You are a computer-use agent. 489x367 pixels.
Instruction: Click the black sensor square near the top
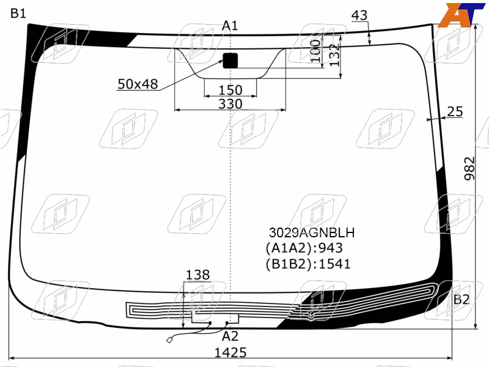pyautogui.click(x=230, y=61)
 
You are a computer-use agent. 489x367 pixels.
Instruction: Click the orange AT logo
pyautogui.click(x=461, y=15)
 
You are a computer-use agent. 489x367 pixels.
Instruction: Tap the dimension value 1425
pyautogui.click(x=230, y=353)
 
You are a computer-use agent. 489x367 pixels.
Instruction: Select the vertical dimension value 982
pyautogui.click(x=469, y=169)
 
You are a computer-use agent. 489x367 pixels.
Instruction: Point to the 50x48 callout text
pyautogui.click(x=138, y=84)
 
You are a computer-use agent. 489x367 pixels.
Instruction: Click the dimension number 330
pyautogui.click(x=230, y=104)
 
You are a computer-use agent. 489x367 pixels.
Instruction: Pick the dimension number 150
pyautogui.click(x=230, y=90)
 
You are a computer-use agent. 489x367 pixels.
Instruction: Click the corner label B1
pyautogui.click(x=18, y=13)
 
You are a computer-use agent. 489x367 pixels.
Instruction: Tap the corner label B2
pyautogui.click(x=461, y=300)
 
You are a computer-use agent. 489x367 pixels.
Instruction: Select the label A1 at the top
pyautogui.click(x=230, y=26)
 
